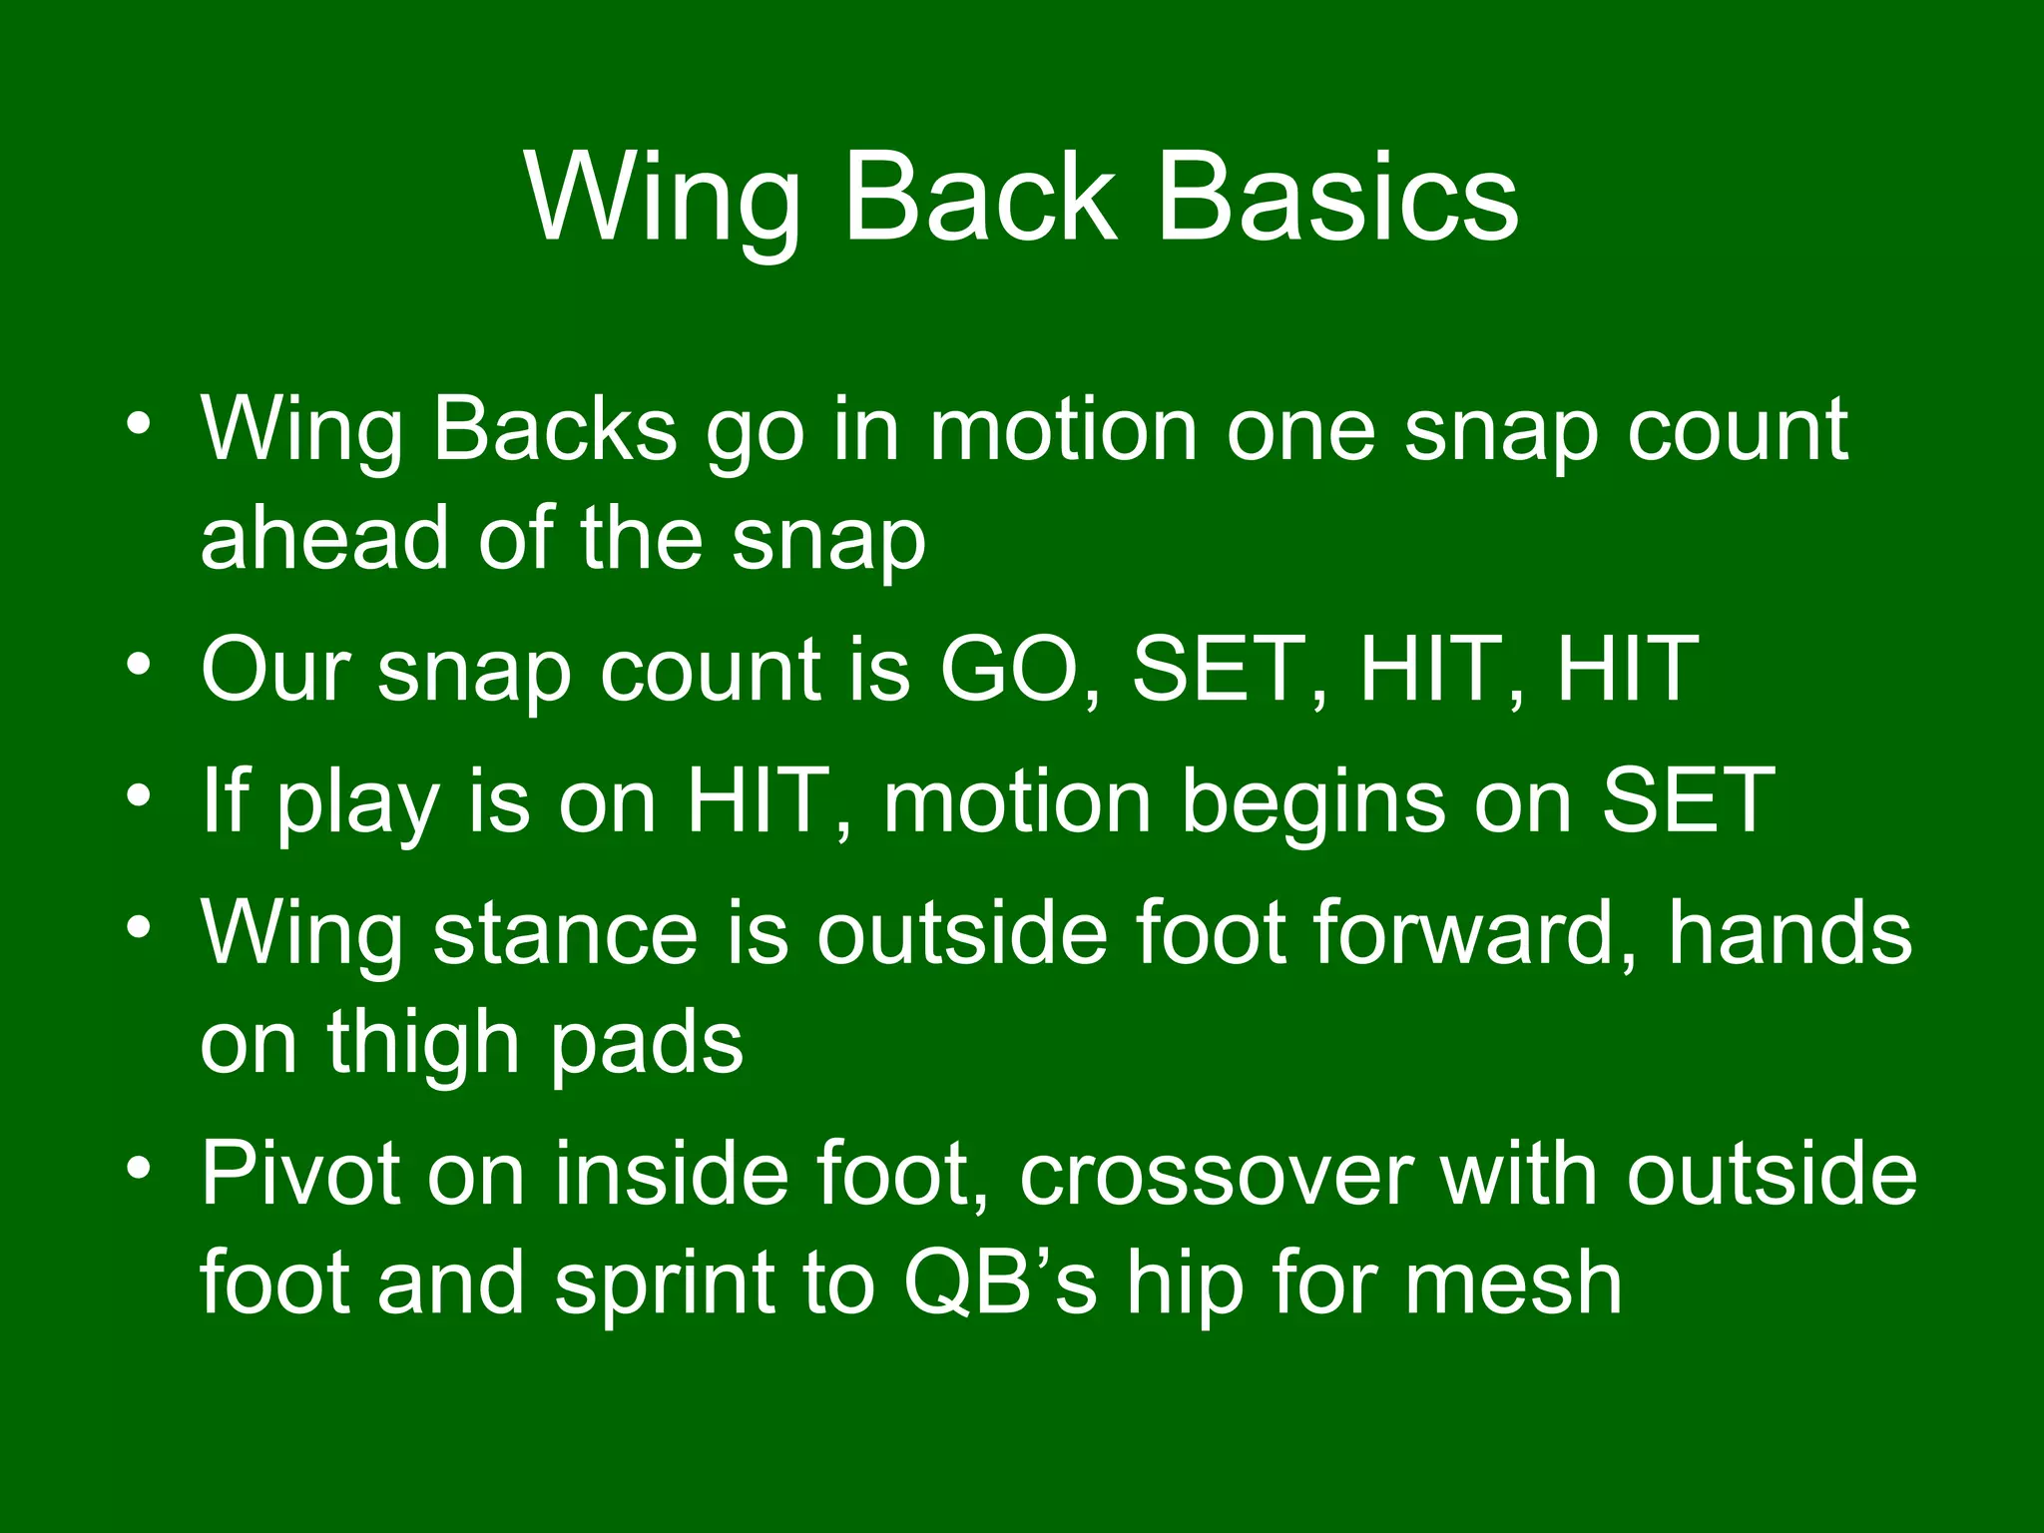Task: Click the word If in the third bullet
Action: (x=225, y=800)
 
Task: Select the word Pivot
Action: (x=299, y=1174)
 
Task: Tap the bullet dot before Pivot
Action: (x=139, y=1166)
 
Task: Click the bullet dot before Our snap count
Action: (x=139, y=662)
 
